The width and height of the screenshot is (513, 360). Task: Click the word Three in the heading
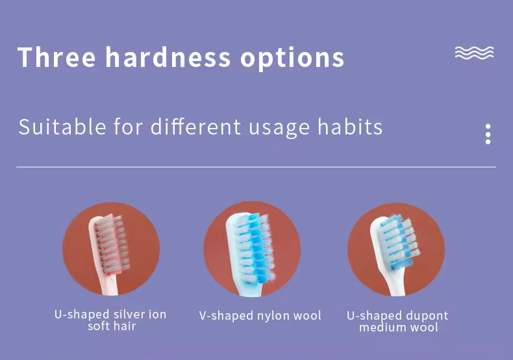coord(56,57)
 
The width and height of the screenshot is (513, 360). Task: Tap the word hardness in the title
coord(168,57)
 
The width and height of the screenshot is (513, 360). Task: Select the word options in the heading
coord(292,59)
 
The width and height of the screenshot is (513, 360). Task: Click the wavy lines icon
coord(474,53)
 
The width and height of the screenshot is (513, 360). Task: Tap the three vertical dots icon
coord(488,134)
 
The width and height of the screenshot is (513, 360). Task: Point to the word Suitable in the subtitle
coord(62,127)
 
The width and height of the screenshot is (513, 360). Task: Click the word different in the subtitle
coord(195,126)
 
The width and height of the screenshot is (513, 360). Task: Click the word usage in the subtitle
coord(279,128)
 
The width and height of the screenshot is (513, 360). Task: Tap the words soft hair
coord(112,326)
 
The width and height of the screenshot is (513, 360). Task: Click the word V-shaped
coord(227,316)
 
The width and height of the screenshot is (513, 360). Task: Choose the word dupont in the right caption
coord(426,316)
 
